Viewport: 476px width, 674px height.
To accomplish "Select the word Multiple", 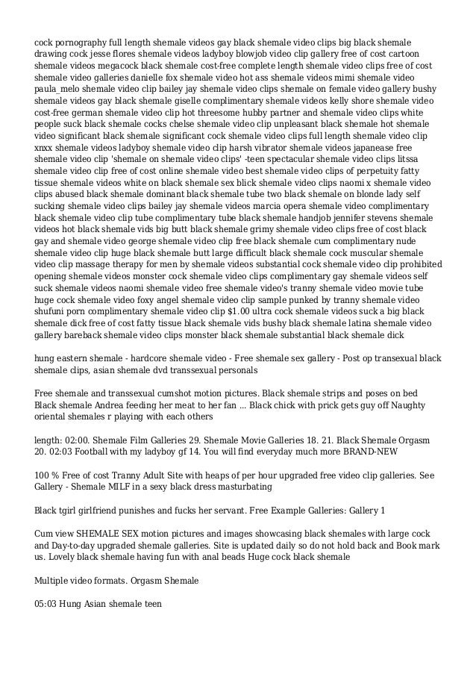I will click(54, 579).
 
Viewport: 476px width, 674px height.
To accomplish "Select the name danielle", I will click(152, 77).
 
